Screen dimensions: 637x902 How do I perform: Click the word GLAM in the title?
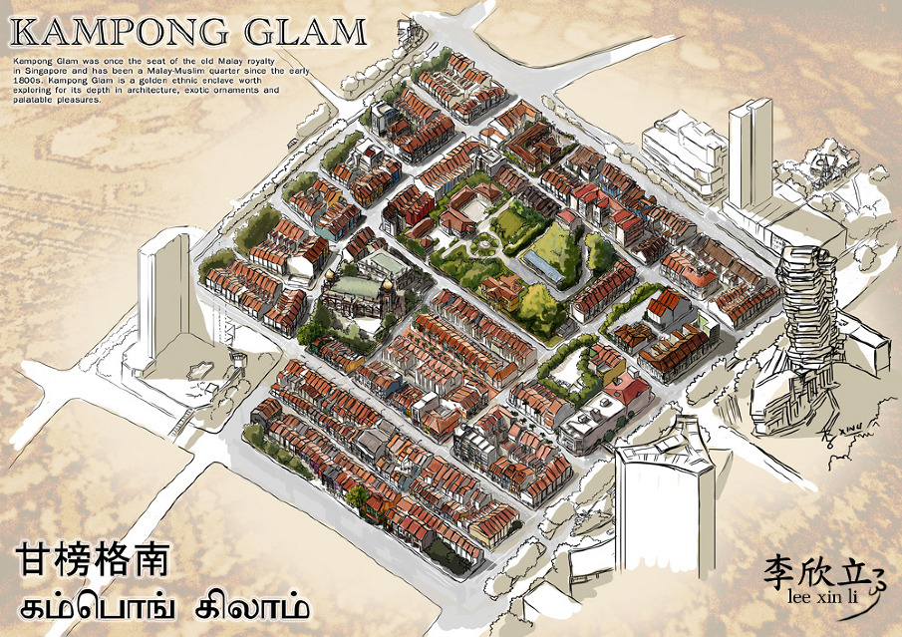pos(303,32)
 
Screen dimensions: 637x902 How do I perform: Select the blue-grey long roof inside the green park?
pos(543,263)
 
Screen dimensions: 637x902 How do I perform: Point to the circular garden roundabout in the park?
pos(486,242)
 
